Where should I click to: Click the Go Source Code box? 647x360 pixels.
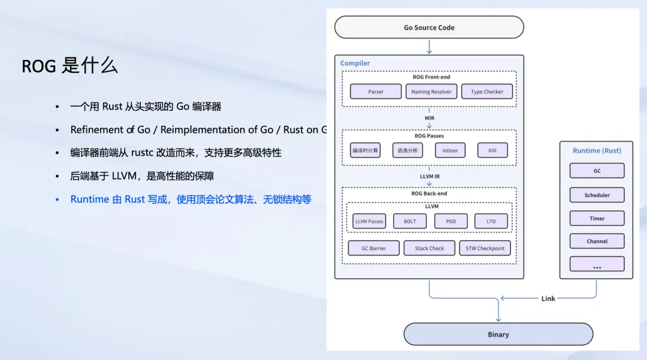pos(429,28)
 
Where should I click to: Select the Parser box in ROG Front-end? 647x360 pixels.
pos(376,92)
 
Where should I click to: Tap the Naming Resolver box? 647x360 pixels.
pos(431,92)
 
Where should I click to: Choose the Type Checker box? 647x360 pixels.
pos(487,92)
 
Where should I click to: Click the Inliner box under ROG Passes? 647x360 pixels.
pos(450,150)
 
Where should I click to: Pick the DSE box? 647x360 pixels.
pos(492,150)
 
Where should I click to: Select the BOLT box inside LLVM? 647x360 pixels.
pos(410,221)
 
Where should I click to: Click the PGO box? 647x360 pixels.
pos(451,221)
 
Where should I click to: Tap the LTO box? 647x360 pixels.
pos(491,221)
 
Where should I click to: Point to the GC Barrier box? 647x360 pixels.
pos(373,248)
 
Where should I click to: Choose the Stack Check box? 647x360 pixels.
pos(430,248)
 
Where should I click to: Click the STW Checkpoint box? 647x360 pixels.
pos(485,248)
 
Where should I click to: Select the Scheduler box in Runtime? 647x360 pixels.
pos(597,195)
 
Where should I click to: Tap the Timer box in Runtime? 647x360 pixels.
pos(597,219)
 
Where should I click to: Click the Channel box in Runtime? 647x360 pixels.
pos(597,241)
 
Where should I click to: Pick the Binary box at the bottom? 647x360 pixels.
pos(498,334)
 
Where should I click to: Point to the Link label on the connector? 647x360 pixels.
pos(548,298)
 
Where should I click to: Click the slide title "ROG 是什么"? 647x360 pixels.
pos(69,66)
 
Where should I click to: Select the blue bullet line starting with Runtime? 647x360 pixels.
pos(191,199)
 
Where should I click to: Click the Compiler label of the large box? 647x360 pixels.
pos(355,63)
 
